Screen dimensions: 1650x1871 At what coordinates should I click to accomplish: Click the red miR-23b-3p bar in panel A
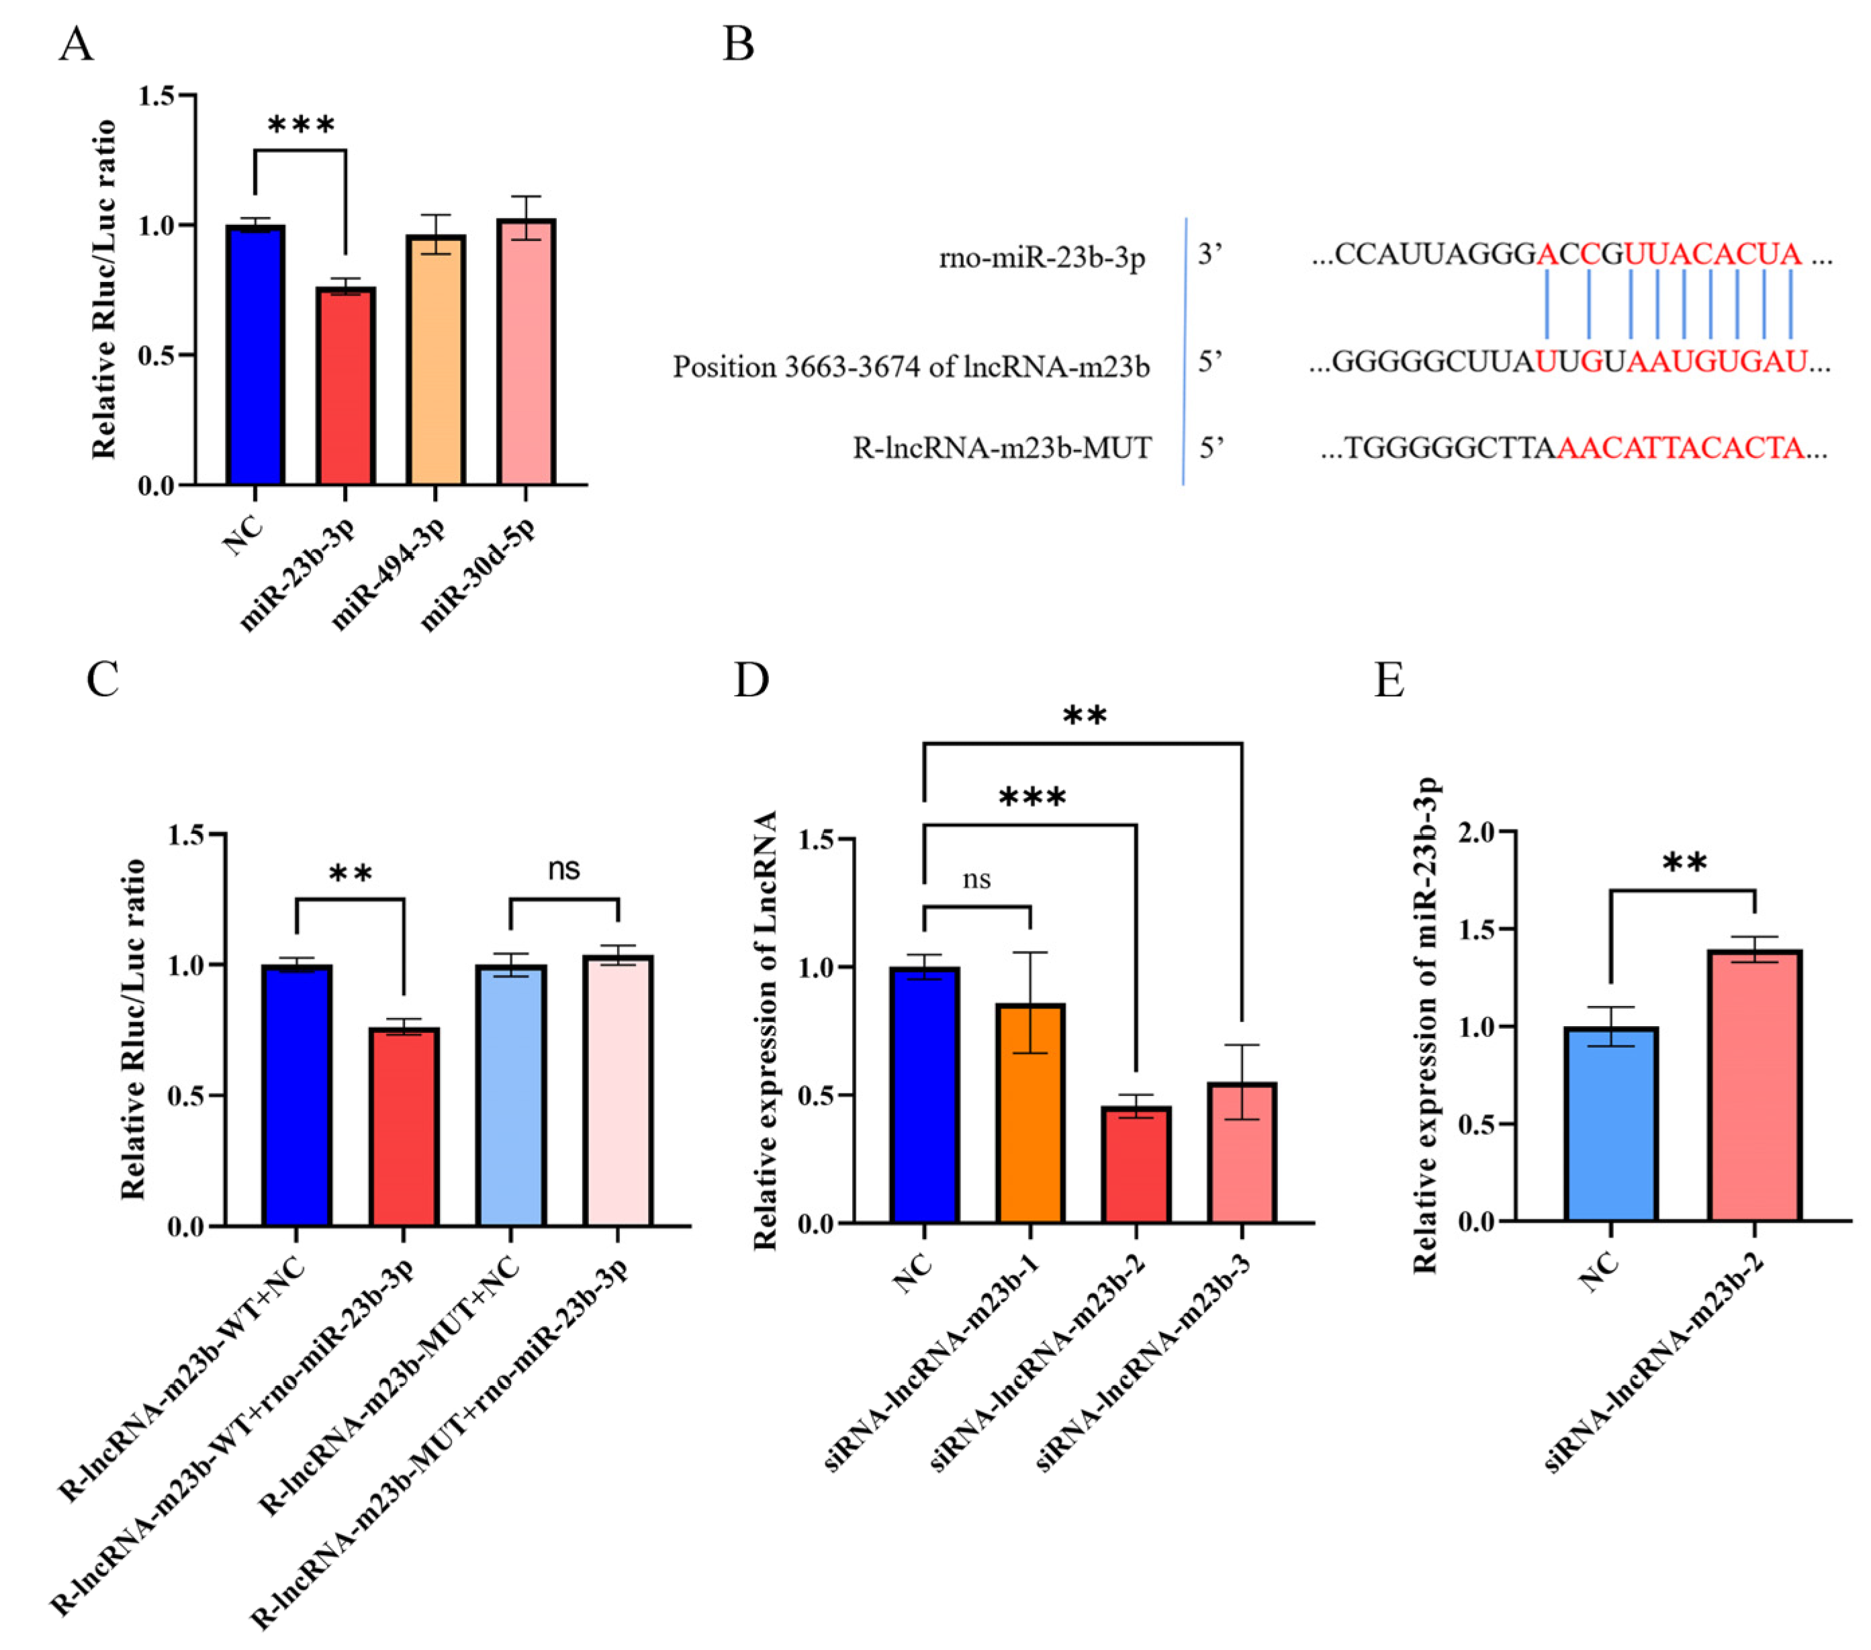tap(345, 385)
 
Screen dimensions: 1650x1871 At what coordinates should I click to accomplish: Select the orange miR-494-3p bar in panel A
tap(436, 360)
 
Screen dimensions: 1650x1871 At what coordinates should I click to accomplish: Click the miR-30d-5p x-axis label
tap(477, 574)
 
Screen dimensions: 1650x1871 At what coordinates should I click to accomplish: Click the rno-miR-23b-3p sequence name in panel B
tap(1042, 258)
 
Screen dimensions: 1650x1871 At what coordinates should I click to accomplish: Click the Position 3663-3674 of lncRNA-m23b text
tap(911, 367)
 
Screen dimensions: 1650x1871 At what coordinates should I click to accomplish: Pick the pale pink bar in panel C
tap(618, 1090)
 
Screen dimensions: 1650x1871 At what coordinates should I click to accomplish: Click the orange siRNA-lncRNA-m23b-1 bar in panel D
tap(1031, 1113)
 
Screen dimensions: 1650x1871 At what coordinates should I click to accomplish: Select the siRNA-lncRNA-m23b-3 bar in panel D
tap(1242, 1152)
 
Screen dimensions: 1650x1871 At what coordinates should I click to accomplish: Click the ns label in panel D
tap(976, 880)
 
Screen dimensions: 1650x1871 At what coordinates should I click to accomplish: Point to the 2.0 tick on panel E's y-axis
tap(1475, 832)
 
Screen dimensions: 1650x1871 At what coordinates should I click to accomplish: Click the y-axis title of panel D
tap(764, 1029)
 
